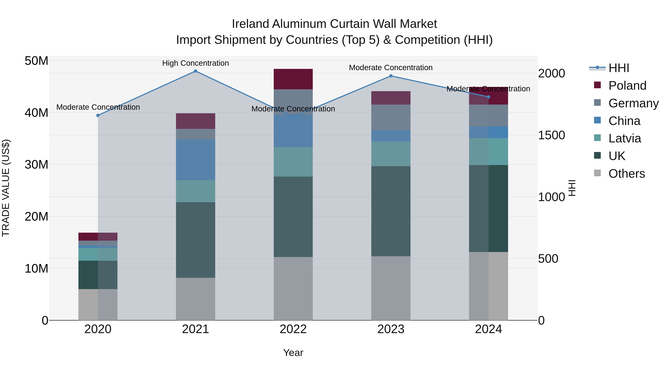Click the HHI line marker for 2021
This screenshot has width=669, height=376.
click(195, 71)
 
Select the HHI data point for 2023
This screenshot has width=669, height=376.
click(391, 76)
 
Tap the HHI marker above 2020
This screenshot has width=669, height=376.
click(98, 115)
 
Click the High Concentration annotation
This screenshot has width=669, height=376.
click(195, 63)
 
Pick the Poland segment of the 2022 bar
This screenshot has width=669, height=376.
click(293, 79)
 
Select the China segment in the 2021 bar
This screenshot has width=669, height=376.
click(195, 160)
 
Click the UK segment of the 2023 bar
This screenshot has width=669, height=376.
click(391, 211)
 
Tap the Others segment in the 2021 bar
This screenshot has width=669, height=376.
click(195, 299)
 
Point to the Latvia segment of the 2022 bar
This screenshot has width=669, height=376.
click(293, 162)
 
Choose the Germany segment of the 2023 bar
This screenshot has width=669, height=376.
click(391, 117)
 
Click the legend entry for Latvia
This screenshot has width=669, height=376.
click(624, 138)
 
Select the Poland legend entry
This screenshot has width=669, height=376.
click(627, 86)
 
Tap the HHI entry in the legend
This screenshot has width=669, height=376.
click(619, 68)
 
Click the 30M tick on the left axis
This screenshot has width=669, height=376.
click(36, 165)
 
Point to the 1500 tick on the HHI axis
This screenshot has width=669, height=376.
click(551, 135)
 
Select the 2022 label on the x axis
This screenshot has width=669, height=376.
click(293, 329)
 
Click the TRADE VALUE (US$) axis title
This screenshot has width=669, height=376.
click(6, 188)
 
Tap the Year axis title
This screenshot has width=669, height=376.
click(293, 353)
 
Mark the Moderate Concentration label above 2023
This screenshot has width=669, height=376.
click(391, 67)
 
